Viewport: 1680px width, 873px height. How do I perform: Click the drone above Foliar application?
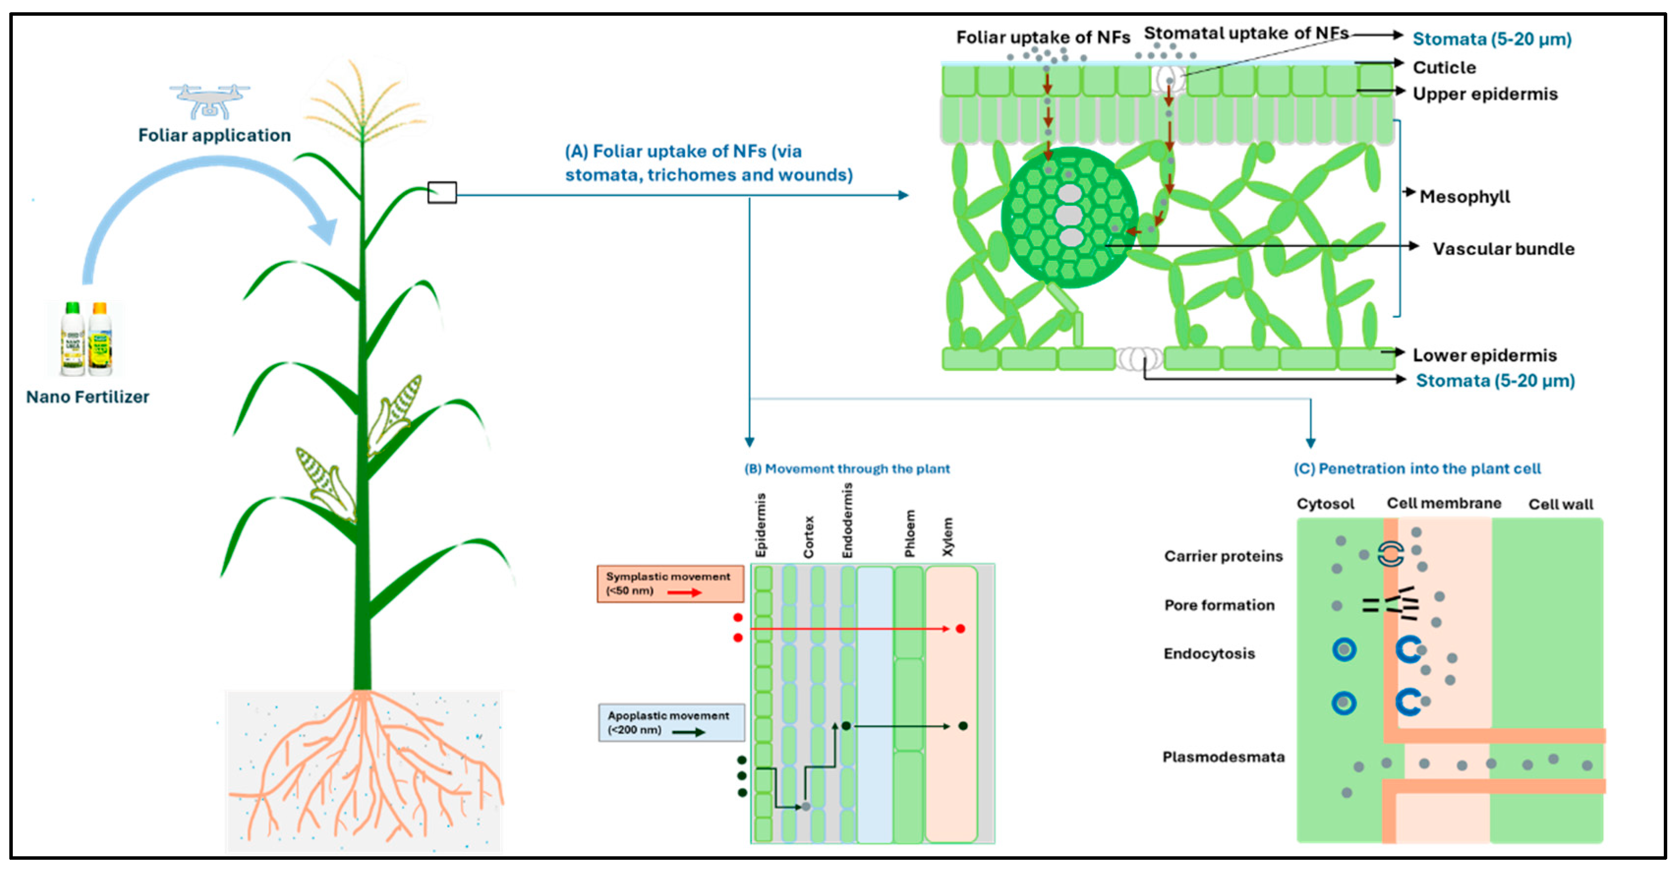click(x=209, y=102)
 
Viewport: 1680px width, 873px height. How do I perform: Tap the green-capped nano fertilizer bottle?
click(x=72, y=338)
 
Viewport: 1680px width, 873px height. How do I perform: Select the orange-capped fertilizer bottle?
click(x=100, y=338)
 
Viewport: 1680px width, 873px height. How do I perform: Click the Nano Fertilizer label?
click(x=87, y=396)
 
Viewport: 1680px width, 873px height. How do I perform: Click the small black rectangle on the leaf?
click(x=442, y=192)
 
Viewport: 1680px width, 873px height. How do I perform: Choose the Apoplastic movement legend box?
click(x=671, y=722)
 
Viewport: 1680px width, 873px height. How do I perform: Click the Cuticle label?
click(x=1444, y=67)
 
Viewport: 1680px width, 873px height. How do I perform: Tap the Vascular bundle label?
click(x=1503, y=249)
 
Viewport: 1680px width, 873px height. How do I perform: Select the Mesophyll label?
click(x=1465, y=196)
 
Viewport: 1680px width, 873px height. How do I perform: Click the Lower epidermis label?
click(x=1484, y=355)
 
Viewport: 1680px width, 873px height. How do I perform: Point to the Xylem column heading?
click(x=947, y=536)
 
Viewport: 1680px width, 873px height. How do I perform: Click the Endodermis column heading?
click(x=847, y=520)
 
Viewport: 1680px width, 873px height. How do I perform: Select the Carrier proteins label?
click(x=1223, y=556)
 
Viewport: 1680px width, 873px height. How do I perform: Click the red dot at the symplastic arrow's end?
click(x=960, y=628)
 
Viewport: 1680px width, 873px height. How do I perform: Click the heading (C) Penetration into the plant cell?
click(x=1417, y=468)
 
